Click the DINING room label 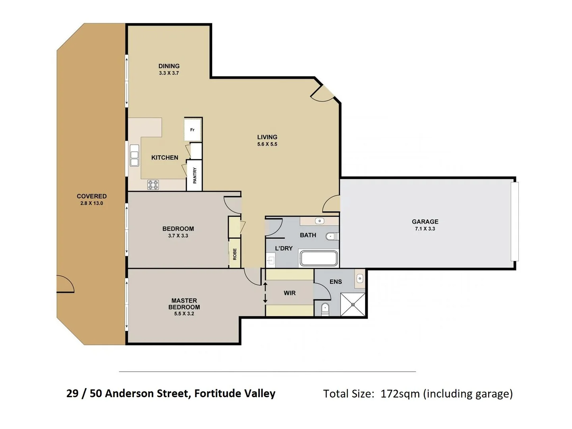coord(169,66)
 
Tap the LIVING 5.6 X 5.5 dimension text coord(267,144)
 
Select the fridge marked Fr coord(193,129)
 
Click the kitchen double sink coord(134,155)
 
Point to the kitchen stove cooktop coord(153,185)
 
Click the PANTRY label coord(195,175)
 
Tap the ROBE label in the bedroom coord(235,254)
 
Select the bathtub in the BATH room coord(319,258)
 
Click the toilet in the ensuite coord(325,308)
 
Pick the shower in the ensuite coord(353,304)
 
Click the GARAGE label coord(425,222)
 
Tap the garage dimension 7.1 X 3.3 coord(425,229)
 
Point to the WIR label coord(290,293)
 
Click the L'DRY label coord(284,248)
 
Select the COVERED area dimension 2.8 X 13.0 coord(91,203)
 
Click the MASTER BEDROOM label coord(184,304)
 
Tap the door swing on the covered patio coord(65,284)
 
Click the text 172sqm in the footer coord(400,394)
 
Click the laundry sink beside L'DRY coord(271,261)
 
